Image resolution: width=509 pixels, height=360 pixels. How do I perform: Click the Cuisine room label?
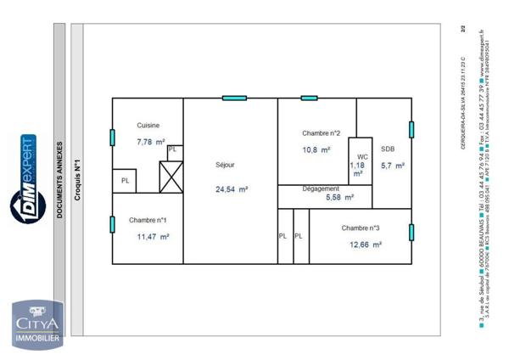click(x=148, y=125)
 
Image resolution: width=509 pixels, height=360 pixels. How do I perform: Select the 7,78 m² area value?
click(x=151, y=142)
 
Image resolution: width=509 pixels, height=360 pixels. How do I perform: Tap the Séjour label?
click(x=225, y=165)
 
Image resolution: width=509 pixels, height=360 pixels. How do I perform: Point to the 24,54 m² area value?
click(x=231, y=189)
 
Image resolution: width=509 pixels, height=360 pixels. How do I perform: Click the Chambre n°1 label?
click(x=148, y=220)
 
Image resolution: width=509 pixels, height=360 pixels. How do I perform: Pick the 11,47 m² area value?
click(x=153, y=237)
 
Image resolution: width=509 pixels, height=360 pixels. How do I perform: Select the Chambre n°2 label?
click(x=322, y=133)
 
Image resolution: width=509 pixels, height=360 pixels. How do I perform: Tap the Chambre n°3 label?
click(x=361, y=228)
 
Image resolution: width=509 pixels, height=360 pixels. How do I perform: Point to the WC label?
click(x=362, y=157)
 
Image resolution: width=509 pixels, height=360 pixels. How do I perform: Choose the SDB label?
click(x=388, y=148)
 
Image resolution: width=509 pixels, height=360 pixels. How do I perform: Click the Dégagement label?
click(x=321, y=188)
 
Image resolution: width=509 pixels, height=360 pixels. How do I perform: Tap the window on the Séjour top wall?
click(x=234, y=98)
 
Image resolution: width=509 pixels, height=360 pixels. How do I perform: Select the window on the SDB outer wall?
click(x=411, y=129)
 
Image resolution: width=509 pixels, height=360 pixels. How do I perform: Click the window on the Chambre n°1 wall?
click(x=112, y=224)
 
